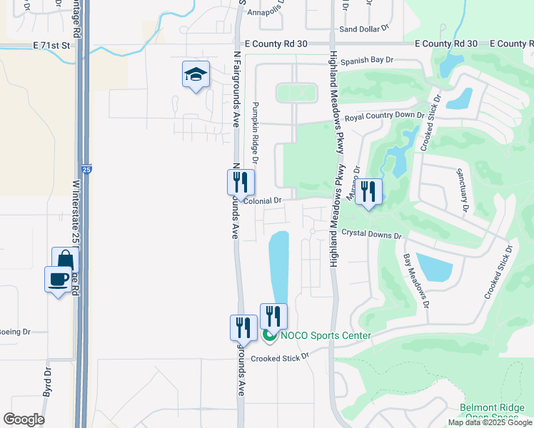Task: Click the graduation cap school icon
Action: [x=196, y=74]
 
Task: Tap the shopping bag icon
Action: [x=65, y=260]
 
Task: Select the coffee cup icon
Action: [x=58, y=279]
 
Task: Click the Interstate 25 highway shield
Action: [x=86, y=170]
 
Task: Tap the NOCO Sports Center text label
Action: [x=326, y=336]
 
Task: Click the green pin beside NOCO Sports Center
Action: [x=269, y=335]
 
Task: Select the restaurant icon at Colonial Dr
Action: [x=241, y=183]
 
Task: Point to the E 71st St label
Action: [x=54, y=44]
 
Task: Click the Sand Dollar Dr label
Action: [x=363, y=29]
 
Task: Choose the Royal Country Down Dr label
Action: [x=385, y=116]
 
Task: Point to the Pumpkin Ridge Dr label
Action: [x=255, y=133]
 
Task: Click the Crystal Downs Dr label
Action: [x=371, y=234]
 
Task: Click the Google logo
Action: [x=24, y=419]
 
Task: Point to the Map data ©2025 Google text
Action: [x=489, y=422]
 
